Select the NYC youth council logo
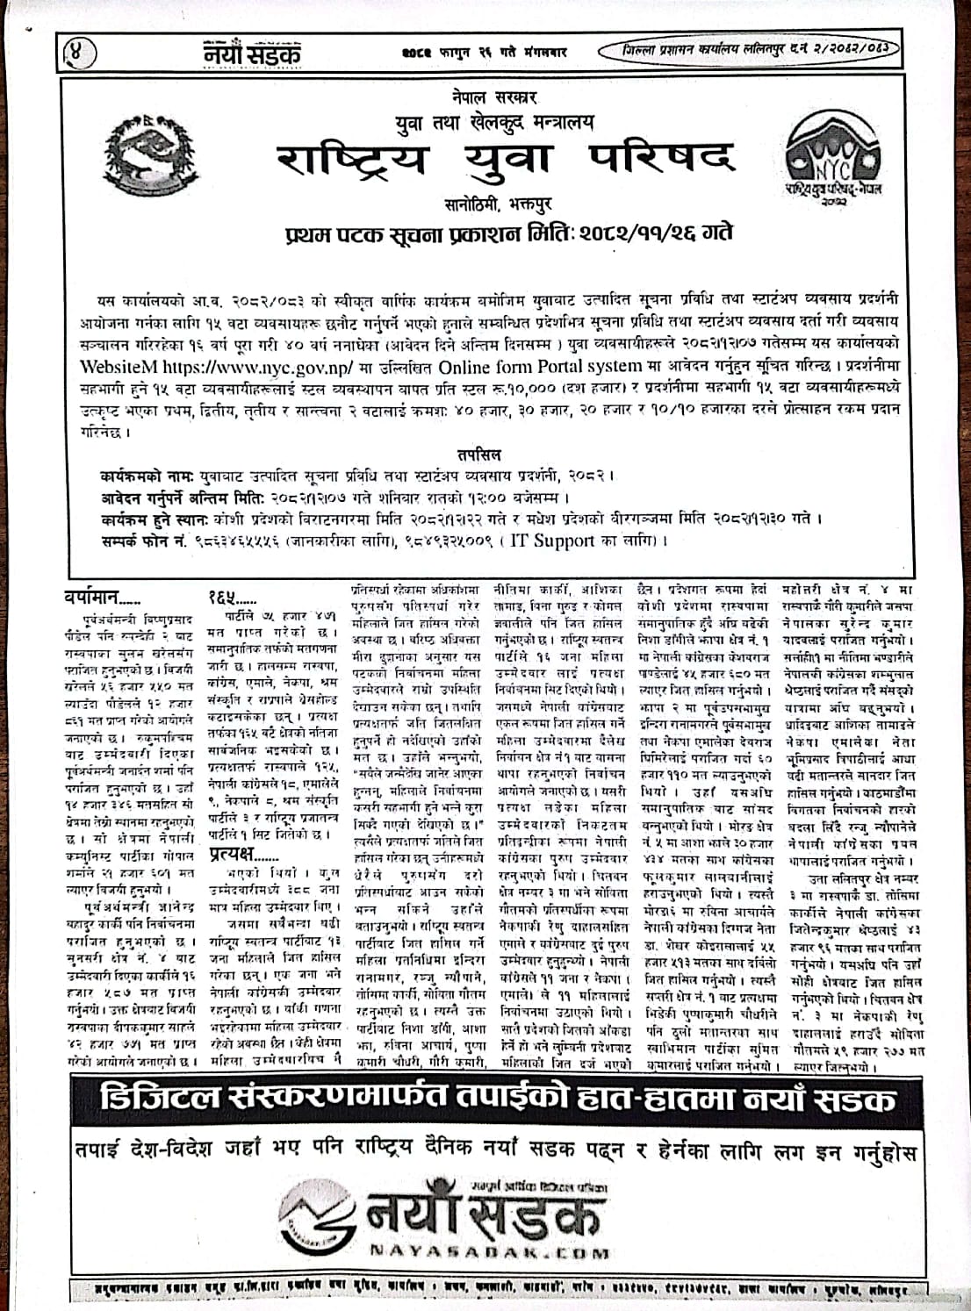pyautogui.click(x=834, y=156)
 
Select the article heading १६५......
pyautogui.click(x=231, y=598)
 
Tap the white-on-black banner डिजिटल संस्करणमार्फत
pyautogui.click(x=485, y=1100)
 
